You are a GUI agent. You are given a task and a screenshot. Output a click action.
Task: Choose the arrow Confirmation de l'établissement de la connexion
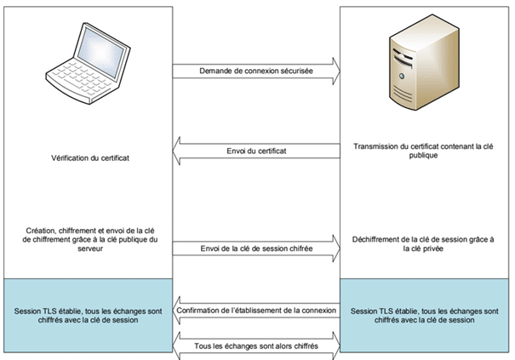coord(255,310)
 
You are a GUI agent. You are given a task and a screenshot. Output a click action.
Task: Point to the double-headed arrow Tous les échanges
coord(255,345)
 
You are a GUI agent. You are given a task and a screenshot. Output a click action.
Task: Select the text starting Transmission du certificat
coord(423,151)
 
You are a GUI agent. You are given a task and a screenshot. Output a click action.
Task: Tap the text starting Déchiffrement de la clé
coord(423,244)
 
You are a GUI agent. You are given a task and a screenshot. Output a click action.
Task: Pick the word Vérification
coord(66,157)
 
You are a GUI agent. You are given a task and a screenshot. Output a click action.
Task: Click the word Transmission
coord(376,146)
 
